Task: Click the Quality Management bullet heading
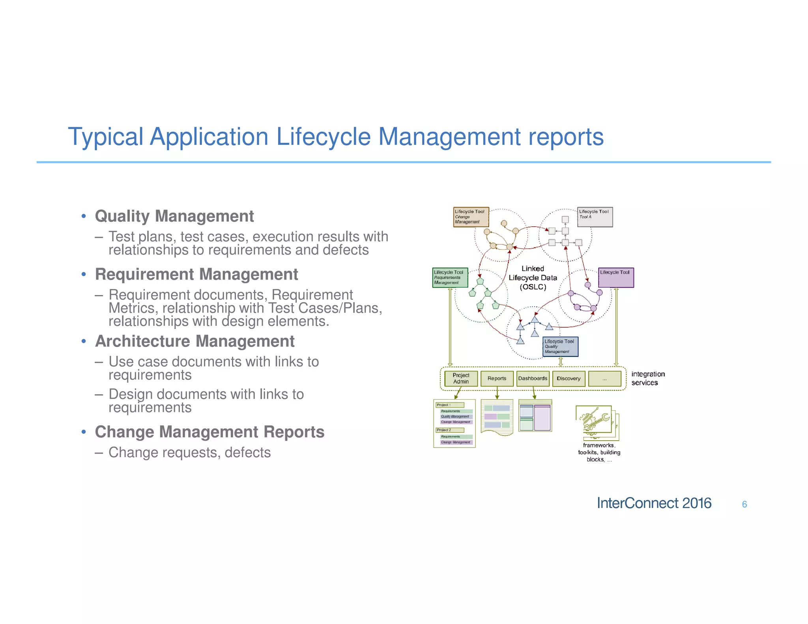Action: coord(174,216)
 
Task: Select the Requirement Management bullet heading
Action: coord(196,274)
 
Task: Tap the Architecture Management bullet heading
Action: coord(195,341)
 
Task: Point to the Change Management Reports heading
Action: coord(209,432)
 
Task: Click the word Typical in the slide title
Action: coord(105,137)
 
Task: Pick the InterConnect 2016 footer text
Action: coord(654,503)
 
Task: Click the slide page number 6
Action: coord(744,504)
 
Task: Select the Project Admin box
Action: coord(461,378)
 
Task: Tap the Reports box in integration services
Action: coord(497,378)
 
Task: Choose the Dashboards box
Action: coord(533,378)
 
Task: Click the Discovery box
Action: coord(569,378)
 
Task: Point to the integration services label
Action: coord(648,378)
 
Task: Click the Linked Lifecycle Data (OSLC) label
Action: coord(533,278)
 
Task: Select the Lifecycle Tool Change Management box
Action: coord(471,217)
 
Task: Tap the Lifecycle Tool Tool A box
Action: coord(595,217)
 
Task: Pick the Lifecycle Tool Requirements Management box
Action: coord(450,278)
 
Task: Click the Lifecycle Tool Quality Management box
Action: coord(560,347)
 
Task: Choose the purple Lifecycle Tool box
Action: coord(616,278)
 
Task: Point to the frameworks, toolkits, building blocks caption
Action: coord(599,452)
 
